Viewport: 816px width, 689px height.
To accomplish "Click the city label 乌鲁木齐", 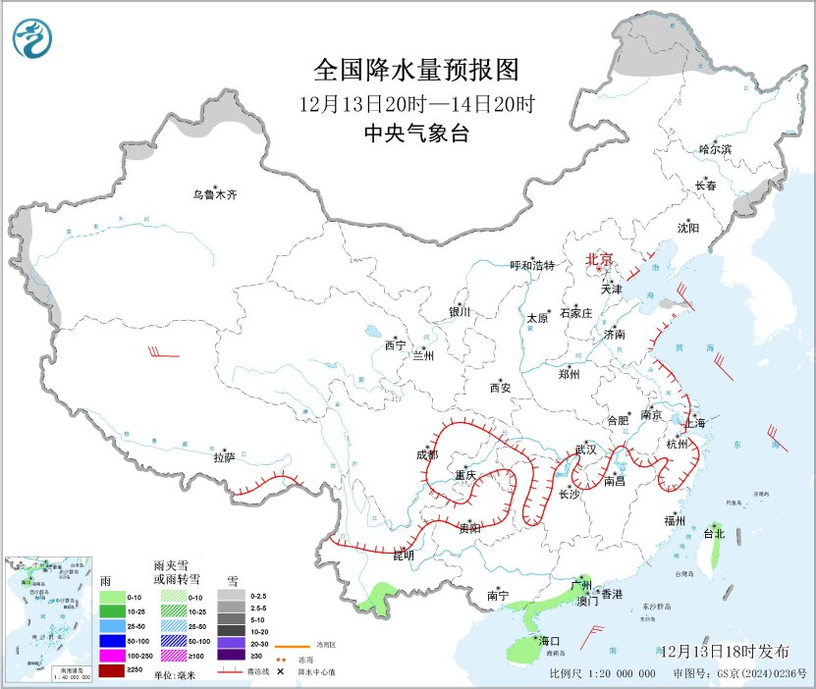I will (214, 195).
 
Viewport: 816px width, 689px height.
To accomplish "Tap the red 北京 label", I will (599, 260).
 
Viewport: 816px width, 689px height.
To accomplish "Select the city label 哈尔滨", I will (715, 149).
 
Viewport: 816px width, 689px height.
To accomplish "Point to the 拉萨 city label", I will (224, 457).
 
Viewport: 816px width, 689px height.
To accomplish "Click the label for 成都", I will (426, 454).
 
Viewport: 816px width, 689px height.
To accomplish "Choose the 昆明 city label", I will (404, 556).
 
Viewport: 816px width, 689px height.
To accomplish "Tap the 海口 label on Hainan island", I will (548, 641).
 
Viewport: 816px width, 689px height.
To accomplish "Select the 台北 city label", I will (714, 534).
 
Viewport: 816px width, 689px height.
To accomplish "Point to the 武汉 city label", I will (586, 449).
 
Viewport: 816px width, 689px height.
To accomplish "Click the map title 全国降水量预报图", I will (415, 71).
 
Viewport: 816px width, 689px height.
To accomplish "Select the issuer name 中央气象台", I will (415, 134).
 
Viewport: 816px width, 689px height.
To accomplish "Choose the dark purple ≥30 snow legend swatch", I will (233, 656).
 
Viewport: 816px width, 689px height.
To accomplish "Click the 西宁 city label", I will (395, 344).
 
